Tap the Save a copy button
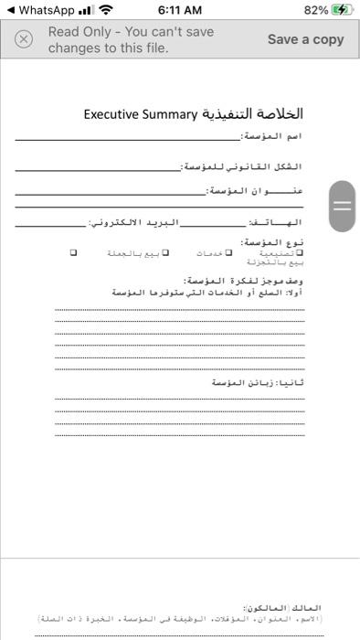pos(305,39)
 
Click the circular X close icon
pos(25,39)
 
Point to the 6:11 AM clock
pos(180,10)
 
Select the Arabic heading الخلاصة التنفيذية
pos(252,114)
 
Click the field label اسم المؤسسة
pos(271,136)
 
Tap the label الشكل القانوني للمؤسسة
pos(242,167)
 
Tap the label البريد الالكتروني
pos(134,222)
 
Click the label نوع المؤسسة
pos(279,242)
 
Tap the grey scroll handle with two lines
pos(342,206)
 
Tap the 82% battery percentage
pos(316,10)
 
